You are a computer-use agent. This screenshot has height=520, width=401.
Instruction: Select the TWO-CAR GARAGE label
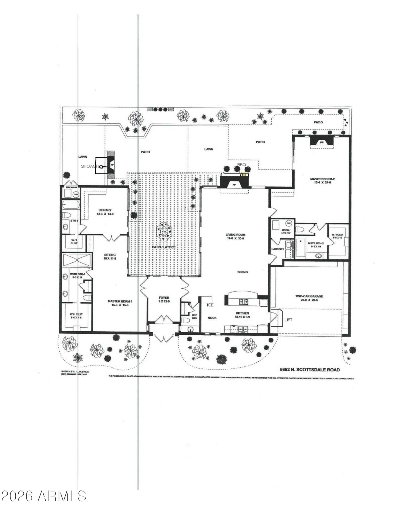(309, 297)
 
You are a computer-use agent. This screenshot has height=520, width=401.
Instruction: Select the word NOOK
(212, 318)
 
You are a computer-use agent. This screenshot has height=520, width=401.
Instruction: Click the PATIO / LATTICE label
(163, 248)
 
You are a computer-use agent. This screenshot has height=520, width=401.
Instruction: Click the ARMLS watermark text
(44, 496)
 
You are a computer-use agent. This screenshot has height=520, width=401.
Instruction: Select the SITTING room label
(110, 256)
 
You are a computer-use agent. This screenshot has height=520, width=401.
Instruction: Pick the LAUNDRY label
(278, 249)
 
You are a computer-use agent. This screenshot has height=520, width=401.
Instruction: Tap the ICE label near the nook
(210, 305)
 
